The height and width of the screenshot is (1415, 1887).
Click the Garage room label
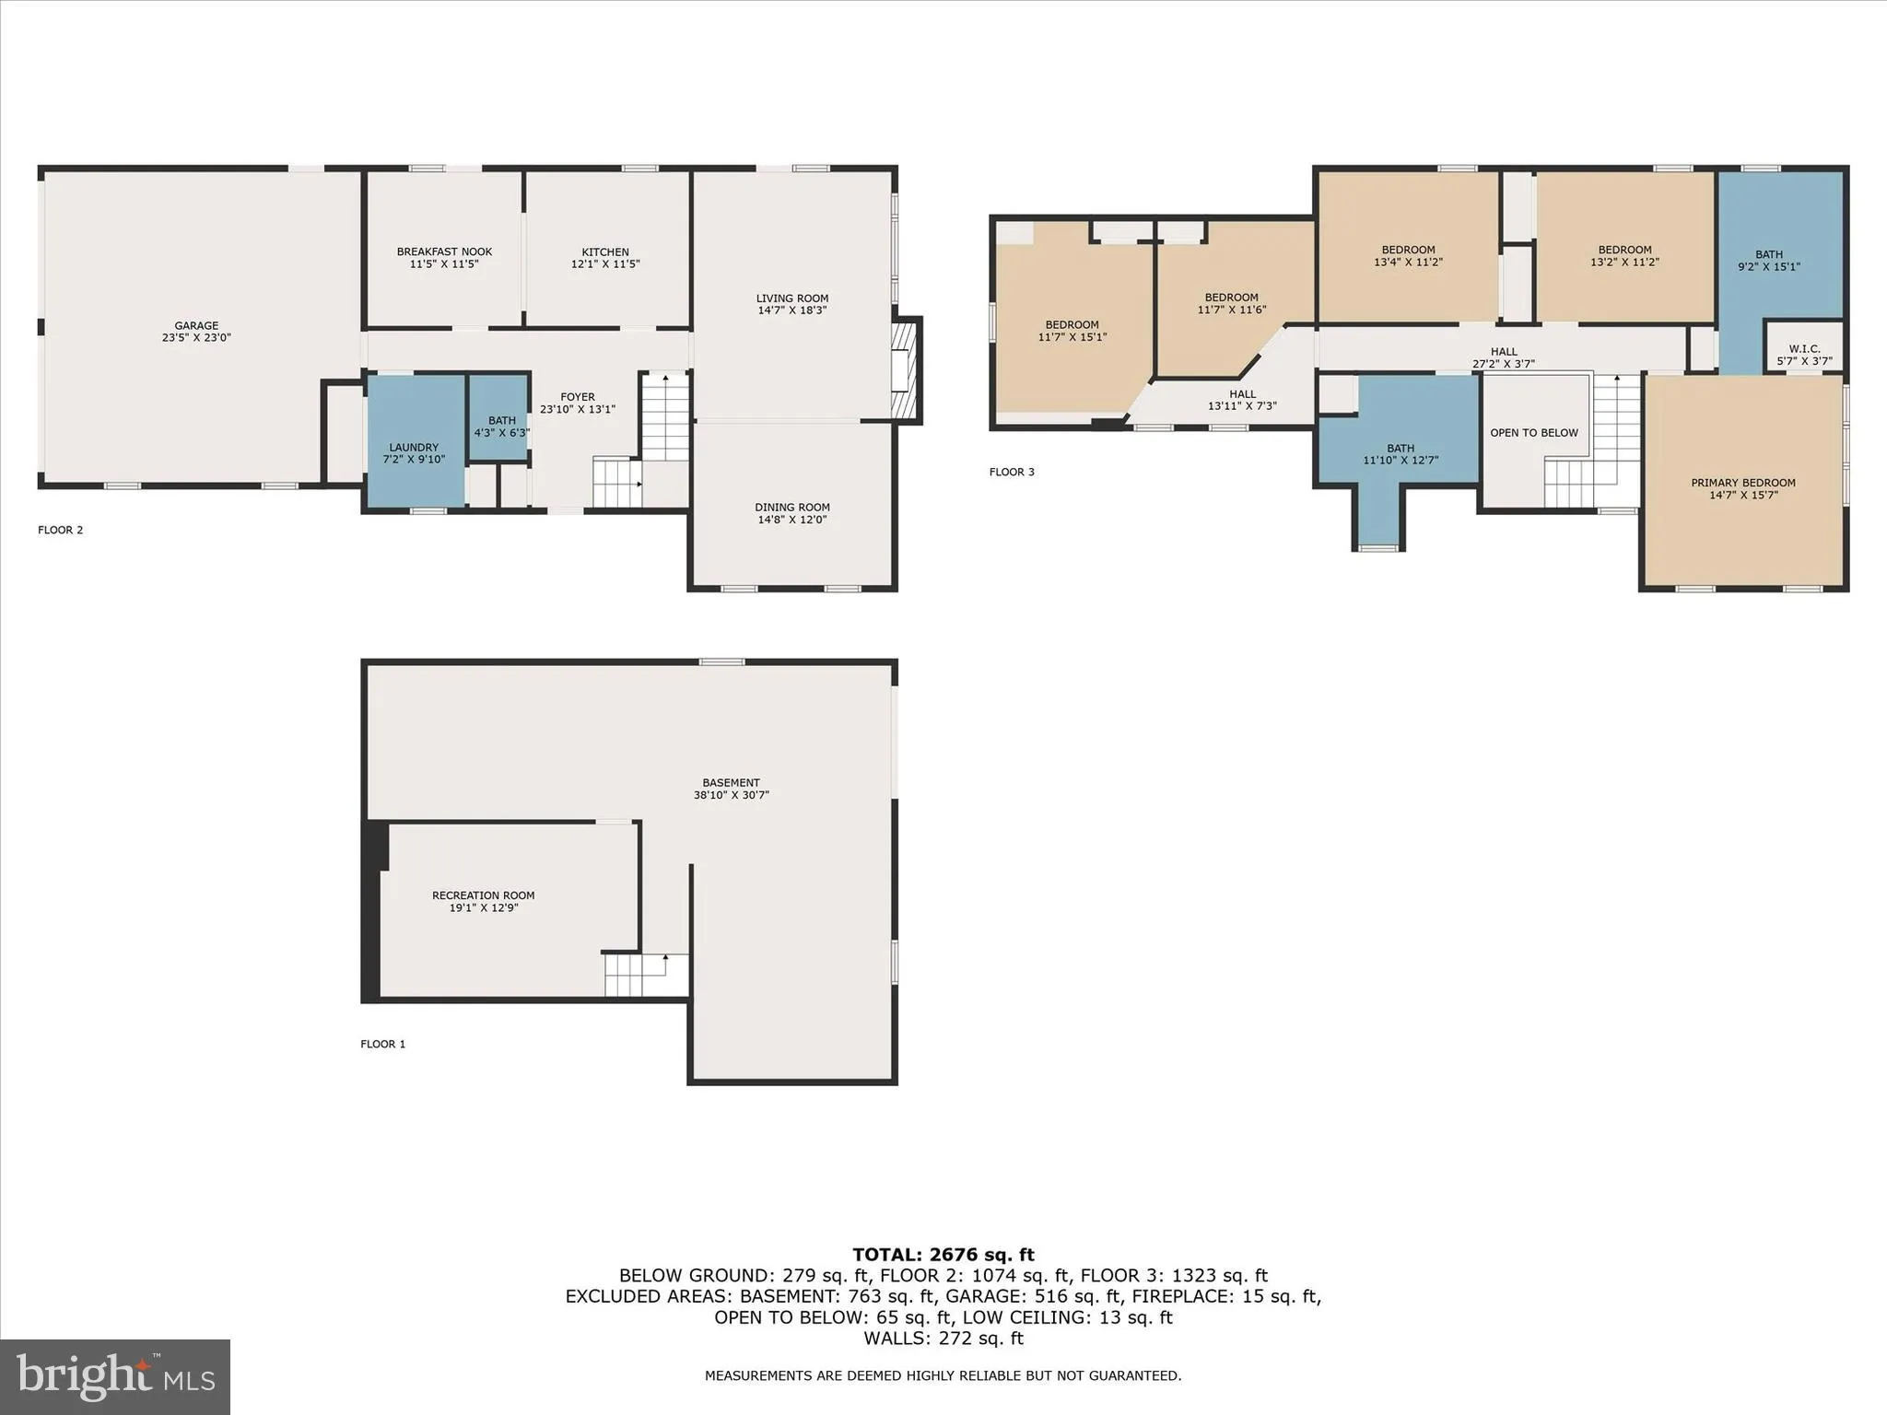click(x=196, y=326)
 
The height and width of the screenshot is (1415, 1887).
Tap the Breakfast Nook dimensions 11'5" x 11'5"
click(x=444, y=264)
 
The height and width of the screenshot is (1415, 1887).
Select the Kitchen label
click(x=605, y=252)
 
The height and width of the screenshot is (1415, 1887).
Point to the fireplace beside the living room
click(x=907, y=370)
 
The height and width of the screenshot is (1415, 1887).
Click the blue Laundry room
click(x=415, y=442)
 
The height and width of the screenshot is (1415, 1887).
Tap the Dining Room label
click(x=792, y=508)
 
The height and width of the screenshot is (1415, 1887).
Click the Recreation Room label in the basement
click(x=484, y=895)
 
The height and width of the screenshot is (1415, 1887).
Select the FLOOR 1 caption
click(x=382, y=1044)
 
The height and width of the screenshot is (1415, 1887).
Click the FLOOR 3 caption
click(x=1012, y=472)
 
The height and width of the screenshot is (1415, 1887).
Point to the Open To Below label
click(x=1534, y=433)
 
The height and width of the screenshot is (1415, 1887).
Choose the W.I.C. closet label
click(x=1804, y=349)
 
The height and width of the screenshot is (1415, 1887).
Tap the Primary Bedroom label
click(x=1743, y=483)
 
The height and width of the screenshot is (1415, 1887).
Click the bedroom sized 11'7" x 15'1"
click(x=1072, y=331)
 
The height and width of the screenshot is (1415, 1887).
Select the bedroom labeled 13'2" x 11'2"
click(x=1624, y=255)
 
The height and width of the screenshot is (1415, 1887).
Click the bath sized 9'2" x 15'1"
click(x=1769, y=260)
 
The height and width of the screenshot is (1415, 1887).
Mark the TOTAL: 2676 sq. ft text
click(x=943, y=1255)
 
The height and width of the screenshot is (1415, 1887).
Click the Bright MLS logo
click(x=115, y=1377)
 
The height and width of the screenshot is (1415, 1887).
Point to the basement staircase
click(x=635, y=975)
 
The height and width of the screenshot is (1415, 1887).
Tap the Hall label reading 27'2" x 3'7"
click(x=1504, y=357)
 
